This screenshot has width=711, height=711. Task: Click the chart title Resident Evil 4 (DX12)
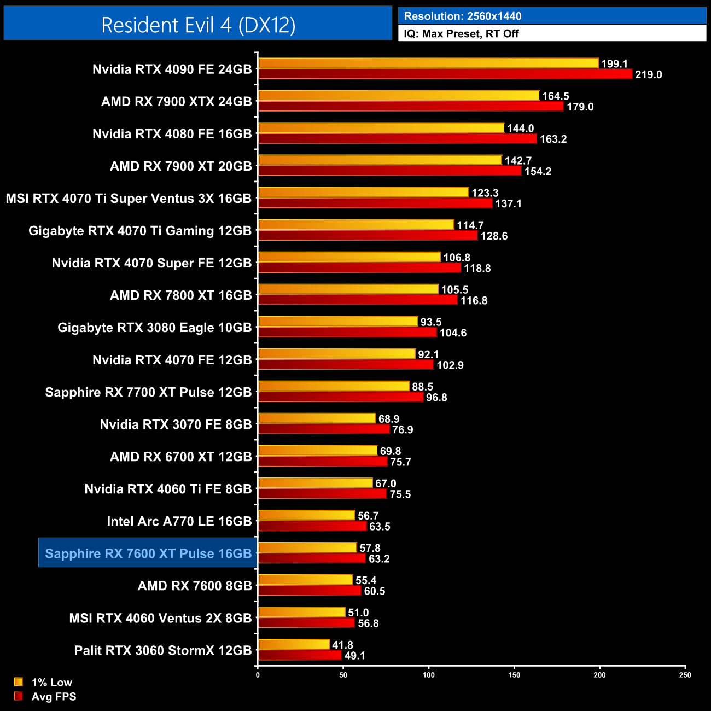point(198,25)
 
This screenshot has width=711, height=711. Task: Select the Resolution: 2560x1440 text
point(462,16)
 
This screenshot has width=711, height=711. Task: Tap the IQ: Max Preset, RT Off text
point(461,33)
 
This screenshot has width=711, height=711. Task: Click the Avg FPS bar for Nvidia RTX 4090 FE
point(445,74)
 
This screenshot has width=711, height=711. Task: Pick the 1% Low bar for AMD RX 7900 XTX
point(398,96)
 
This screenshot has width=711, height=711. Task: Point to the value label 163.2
point(553,139)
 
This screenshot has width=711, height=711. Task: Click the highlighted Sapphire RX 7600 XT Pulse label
point(148,553)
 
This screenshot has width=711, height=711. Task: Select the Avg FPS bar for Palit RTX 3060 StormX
point(300,655)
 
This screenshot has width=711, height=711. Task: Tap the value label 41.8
point(342,645)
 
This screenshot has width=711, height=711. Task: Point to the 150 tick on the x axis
point(514,675)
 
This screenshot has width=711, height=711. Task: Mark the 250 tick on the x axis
point(685,675)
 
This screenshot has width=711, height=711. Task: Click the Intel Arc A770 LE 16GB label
point(179,521)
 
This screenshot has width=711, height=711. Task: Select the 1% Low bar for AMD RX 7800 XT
point(348,289)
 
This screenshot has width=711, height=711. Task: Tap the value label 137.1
point(508,203)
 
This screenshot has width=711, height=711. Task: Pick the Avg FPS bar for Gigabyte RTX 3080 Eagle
point(347,332)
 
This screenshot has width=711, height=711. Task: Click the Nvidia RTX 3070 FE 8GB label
point(176,424)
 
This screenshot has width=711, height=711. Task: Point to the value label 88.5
point(422,387)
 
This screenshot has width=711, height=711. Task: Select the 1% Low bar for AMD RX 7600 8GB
point(305,580)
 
